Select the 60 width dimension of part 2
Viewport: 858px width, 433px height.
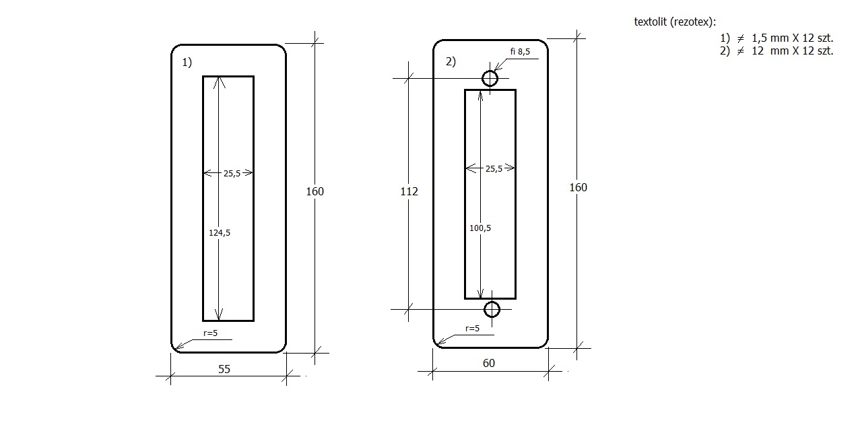489,364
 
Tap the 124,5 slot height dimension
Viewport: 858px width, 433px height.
220,232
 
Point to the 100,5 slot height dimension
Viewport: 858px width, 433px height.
480,228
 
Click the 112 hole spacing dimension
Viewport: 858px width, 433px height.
409,191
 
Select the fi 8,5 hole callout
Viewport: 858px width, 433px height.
521,52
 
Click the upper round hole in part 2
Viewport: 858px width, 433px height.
490,79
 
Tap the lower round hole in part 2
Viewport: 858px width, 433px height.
492,309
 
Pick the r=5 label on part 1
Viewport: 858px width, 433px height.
209,333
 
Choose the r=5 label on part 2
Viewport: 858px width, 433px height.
472,328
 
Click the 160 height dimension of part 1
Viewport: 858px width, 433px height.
315,191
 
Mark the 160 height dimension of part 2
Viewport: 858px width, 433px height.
578,187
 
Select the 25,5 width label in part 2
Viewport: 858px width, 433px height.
494,168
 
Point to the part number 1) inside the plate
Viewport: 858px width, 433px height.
187,63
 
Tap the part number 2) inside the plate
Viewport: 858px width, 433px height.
451,62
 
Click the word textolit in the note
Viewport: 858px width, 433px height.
651,21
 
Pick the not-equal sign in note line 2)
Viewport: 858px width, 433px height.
740,51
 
